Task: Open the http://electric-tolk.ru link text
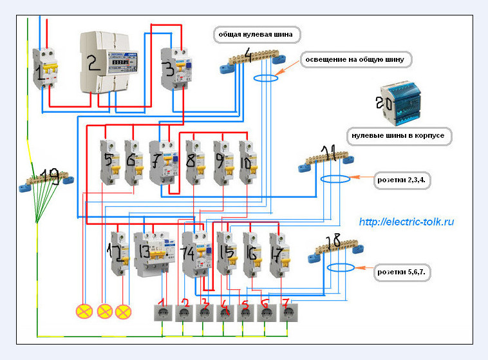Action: (x=406, y=222)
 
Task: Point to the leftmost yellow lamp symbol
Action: (x=84, y=312)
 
